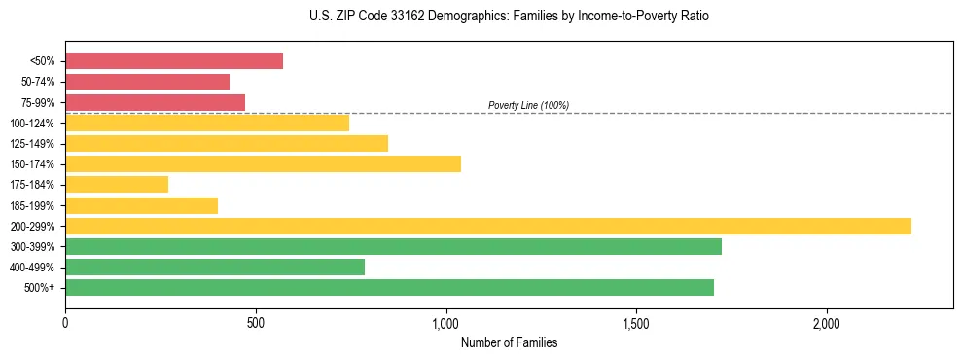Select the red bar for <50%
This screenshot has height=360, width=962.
pyautogui.click(x=174, y=61)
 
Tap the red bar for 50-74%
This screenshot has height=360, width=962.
pyautogui.click(x=147, y=82)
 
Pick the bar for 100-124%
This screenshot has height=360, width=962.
pyautogui.click(x=207, y=123)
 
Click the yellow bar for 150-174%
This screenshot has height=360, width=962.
pyautogui.click(x=263, y=163)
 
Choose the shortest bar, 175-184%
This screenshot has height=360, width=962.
pyautogui.click(x=117, y=185)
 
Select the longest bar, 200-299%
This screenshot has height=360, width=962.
pyautogui.click(x=488, y=226)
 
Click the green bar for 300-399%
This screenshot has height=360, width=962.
pyautogui.click(x=393, y=246)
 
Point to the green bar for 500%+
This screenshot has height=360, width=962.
pyautogui.click(x=389, y=287)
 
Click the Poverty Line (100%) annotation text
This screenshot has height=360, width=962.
pyautogui.click(x=528, y=105)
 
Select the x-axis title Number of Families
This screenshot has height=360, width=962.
pyautogui.click(x=509, y=343)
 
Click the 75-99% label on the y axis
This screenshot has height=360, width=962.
pyautogui.click(x=39, y=102)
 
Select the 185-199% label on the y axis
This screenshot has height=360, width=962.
pyautogui.click(x=36, y=205)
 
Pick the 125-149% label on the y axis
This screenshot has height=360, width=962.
pyautogui.click(x=36, y=144)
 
